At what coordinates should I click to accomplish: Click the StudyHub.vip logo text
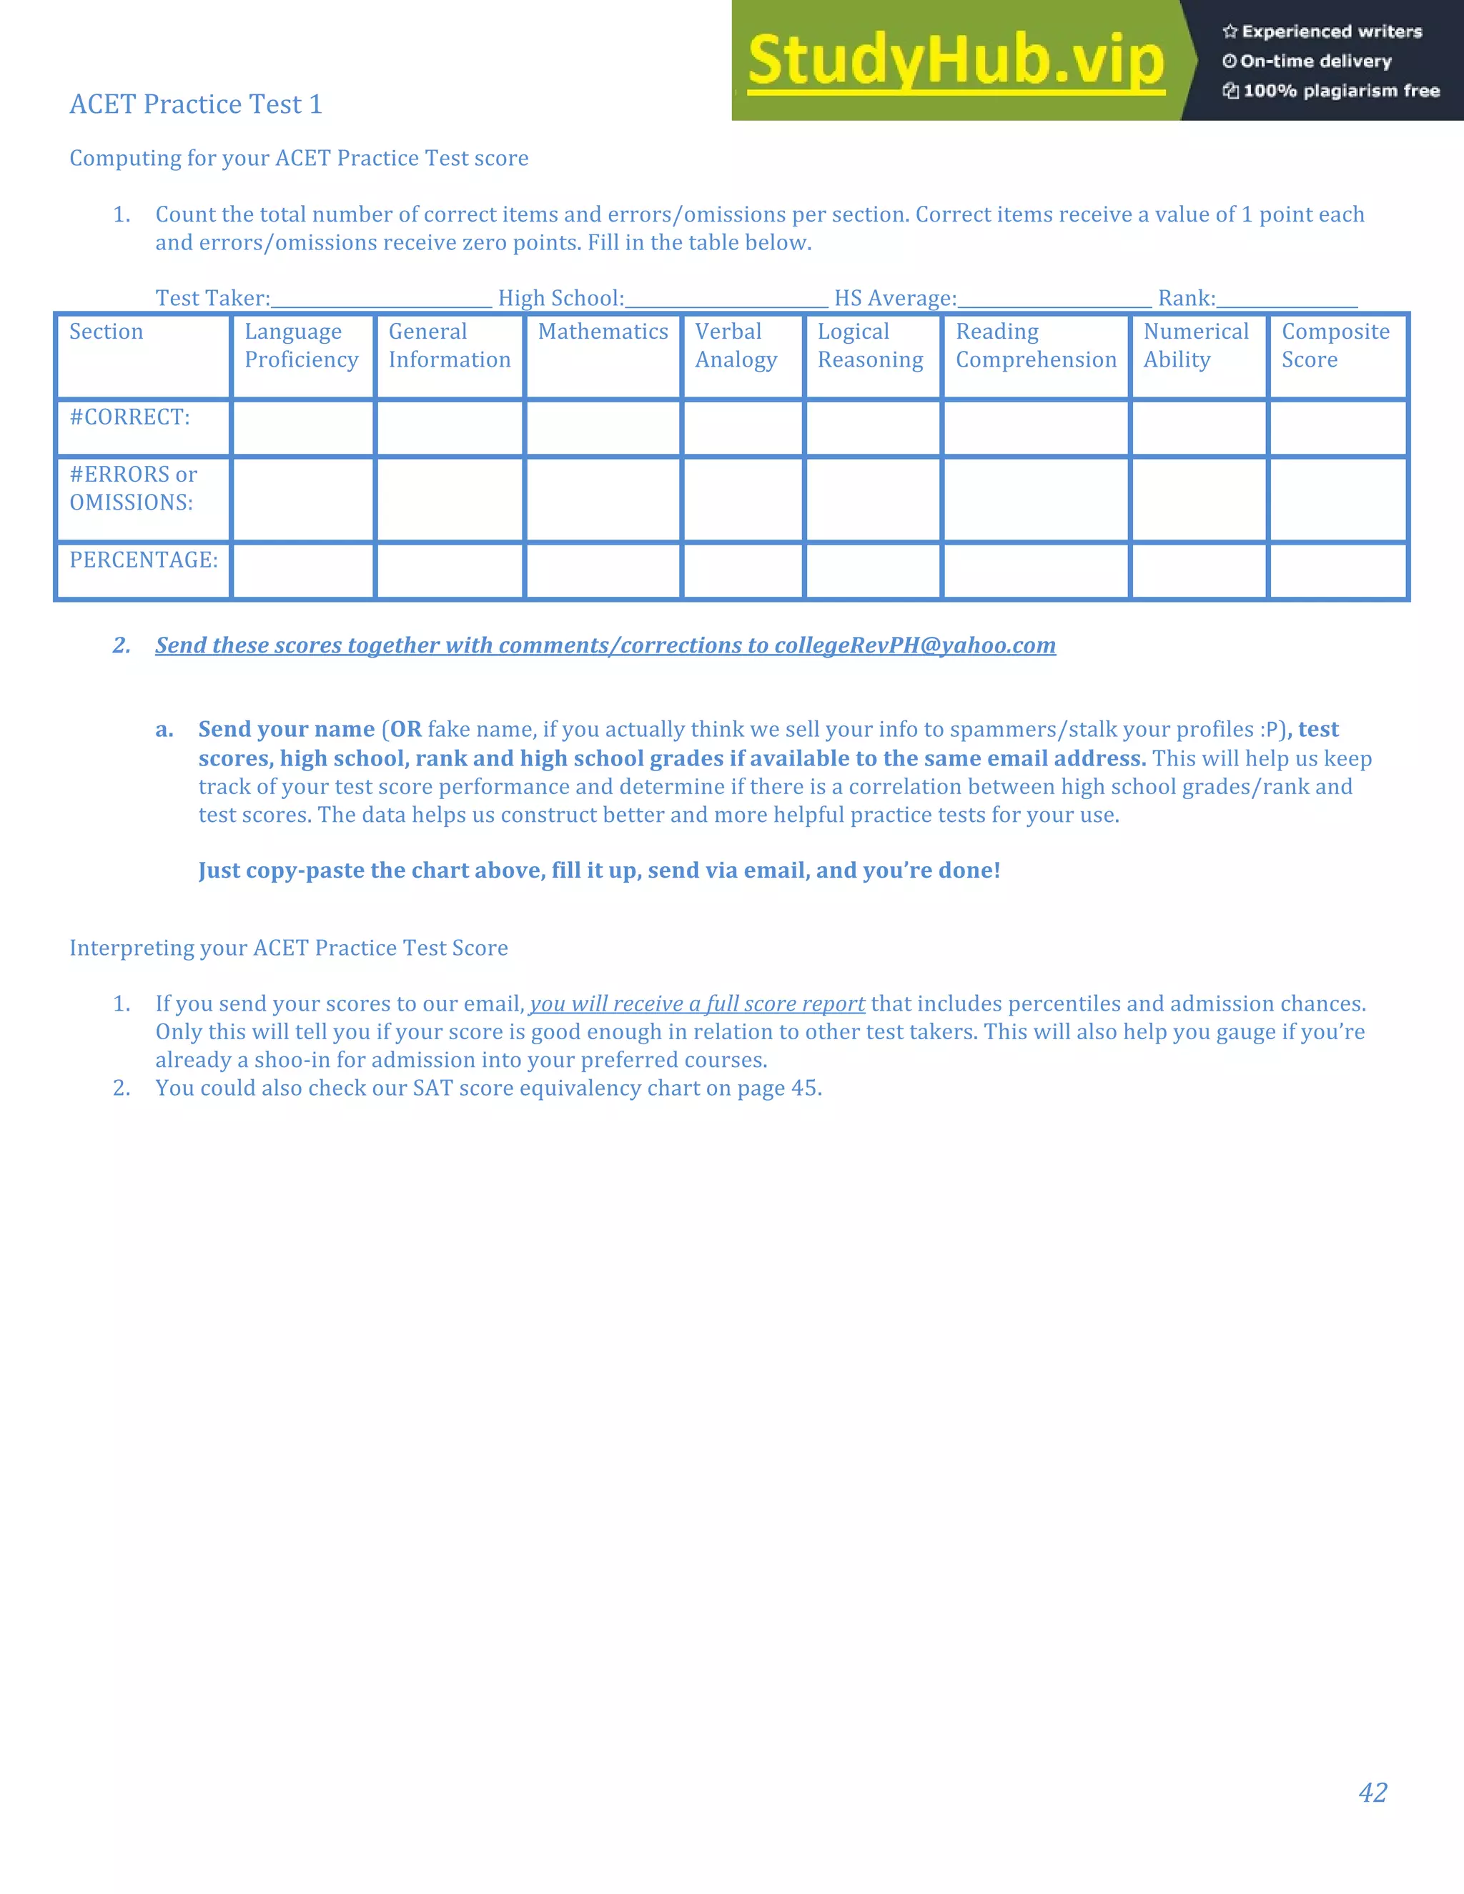point(955,61)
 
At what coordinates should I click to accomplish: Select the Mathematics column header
point(603,332)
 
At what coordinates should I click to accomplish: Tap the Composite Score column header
point(1335,345)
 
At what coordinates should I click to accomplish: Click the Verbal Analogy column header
point(736,345)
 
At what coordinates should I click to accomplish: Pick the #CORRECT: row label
point(129,417)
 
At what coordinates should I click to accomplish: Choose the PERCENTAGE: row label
point(143,560)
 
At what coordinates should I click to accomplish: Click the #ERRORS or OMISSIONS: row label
point(133,488)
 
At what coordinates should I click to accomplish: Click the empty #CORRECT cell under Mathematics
point(603,428)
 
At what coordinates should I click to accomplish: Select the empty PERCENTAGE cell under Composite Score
point(1337,570)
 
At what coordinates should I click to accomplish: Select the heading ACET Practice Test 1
point(196,104)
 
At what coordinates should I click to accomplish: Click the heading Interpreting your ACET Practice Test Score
point(289,948)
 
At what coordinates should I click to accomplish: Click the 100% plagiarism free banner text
point(1341,91)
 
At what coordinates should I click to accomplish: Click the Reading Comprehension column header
point(1036,345)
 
